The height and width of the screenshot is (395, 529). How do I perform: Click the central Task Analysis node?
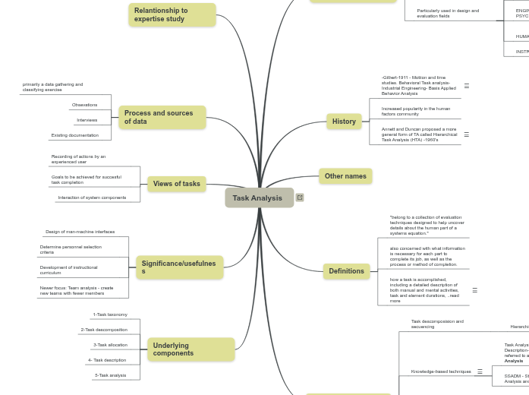(258, 197)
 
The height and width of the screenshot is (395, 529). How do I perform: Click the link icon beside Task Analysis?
(300, 197)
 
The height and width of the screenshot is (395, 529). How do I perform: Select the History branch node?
(344, 122)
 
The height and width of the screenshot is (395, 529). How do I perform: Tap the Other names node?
(345, 176)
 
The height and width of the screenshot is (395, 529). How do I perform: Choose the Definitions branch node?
(346, 271)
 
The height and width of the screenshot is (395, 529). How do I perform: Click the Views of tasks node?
(177, 184)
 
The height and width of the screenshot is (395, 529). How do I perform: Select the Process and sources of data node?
(162, 117)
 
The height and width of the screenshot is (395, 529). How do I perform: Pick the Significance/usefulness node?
(179, 267)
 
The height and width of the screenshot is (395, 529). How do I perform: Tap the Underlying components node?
(191, 349)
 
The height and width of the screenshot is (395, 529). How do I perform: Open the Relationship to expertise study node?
(172, 14)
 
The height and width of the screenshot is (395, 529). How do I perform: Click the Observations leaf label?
(85, 105)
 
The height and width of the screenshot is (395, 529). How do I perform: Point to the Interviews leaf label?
(87, 120)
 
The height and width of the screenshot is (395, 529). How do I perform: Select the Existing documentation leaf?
(74, 135)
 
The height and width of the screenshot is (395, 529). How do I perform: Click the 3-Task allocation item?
(110, 345)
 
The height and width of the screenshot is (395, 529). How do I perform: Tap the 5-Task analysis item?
(110, 375)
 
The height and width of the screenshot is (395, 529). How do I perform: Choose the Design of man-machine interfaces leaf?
(80, 232)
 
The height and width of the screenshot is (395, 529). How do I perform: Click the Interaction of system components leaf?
(92, 197)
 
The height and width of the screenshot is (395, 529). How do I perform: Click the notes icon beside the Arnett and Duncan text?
(466, 134)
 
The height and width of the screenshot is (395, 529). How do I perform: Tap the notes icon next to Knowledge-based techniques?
(480, 371)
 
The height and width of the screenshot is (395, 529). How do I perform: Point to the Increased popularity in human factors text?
(416, 111)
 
